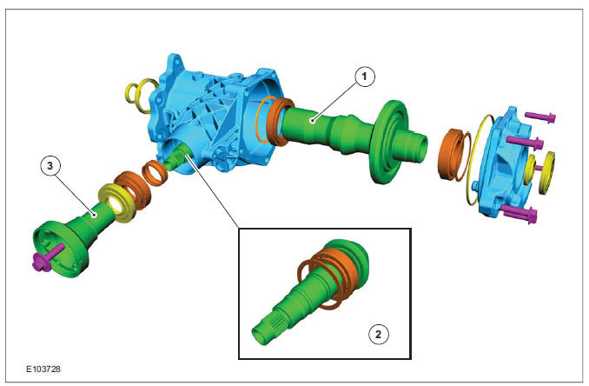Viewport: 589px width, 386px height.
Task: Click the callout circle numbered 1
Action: click(364, 77)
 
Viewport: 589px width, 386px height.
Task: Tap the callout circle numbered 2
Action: click(378, 334)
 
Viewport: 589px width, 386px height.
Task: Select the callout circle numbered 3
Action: click(50, 165)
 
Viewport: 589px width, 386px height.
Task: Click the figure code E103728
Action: click(43, 369)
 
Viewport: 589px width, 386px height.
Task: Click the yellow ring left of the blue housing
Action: click(140, 96)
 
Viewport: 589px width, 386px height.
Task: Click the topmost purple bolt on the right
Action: click(540, 116)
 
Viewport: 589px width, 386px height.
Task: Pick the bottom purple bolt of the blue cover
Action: click(520, 214)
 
